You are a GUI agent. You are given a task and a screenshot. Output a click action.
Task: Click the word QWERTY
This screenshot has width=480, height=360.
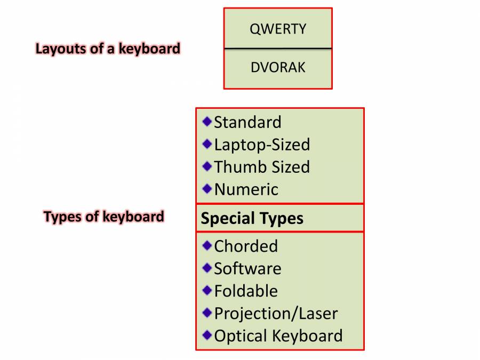pyautogui.click(x=278, y=29)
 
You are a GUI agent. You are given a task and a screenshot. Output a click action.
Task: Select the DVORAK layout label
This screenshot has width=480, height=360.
pyautogui.click(x=278, y=68)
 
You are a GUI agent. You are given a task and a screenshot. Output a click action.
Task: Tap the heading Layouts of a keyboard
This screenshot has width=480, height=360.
pyautogui.click(x=108, y=49)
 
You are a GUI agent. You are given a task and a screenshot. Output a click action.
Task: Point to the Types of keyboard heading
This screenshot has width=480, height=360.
pyautogui.click(x=104, y=217)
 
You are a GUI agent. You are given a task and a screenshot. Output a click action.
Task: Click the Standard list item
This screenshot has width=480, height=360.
pyautogui.click(x=247, y=122)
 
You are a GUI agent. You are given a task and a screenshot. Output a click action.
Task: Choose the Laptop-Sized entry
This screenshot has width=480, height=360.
pyautogui.click(x=262, y=145)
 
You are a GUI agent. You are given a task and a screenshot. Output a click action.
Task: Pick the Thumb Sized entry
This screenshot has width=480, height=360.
pyautogui.click(x=262, y=167)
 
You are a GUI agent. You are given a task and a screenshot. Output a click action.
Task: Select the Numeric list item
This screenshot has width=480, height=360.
pyautogui.click(x=246, y=189)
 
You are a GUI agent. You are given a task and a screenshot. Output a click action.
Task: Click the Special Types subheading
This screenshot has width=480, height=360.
pyautogui.click(x=252, y=218)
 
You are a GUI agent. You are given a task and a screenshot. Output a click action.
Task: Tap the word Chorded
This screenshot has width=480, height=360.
pyautogui.click(x=246, y=246)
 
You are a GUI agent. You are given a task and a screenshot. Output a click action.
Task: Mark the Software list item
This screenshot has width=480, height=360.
pyautogui.click(x=247, y=268)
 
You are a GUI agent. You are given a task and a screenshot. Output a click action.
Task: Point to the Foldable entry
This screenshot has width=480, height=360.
pyautogui.click(x=246, y=291)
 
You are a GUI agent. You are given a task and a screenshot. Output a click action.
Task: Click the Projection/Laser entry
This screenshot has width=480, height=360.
pyautogui.click(x=276, y=314)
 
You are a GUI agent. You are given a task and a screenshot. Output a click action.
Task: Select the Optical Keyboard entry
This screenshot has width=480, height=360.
pyautogui.click(x=278, y=336)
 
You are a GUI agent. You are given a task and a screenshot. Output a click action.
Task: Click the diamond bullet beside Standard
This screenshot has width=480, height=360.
pyautogui.click(x=207, y=122)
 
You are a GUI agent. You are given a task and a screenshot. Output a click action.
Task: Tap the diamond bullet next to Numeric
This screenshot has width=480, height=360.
pyautogui.click(x=207, y=189)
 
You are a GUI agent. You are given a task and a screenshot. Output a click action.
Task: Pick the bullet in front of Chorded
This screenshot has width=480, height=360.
pyautogui.click(x=207, y=245)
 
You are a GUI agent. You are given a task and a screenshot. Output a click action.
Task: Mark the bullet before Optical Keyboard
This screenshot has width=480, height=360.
pyautogui.click(x=207, y=335)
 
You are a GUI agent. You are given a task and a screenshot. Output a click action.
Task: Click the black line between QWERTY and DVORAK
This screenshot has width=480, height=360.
pyautogui.click(x=278, y=49)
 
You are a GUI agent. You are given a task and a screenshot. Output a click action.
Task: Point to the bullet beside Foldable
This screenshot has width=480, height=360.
pyautogui.click(x=207, y=290)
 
